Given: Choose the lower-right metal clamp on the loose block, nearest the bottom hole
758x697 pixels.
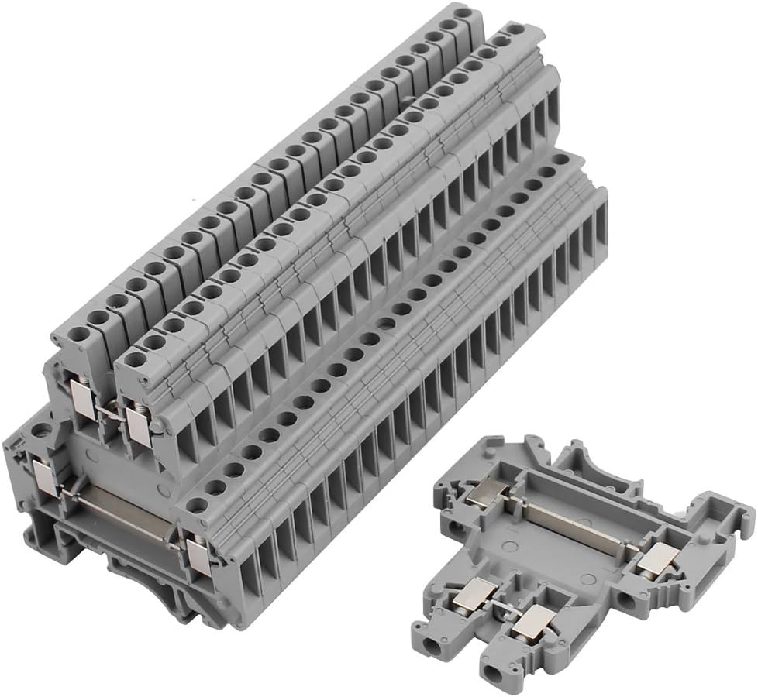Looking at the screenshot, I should coord(535,621).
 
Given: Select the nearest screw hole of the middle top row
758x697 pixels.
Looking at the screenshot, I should coord(134,359).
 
